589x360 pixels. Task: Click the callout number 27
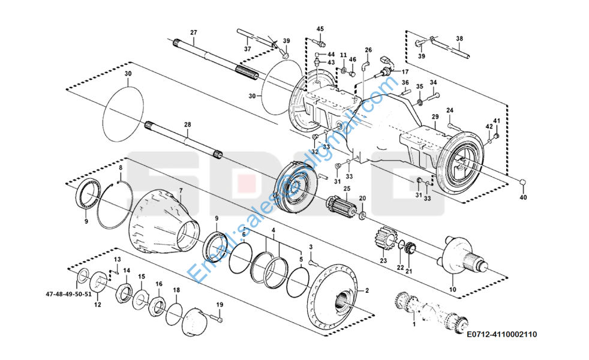coord(193,32)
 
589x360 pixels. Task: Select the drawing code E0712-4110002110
coord(501,334)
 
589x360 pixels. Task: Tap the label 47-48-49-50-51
coord(68,295)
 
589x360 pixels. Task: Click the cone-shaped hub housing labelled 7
coord(162,223)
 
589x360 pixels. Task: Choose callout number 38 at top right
coord(459,38)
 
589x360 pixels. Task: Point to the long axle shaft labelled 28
coord(185,140)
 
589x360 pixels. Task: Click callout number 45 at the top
coord(320,29)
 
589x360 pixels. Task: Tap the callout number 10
coord(452,290)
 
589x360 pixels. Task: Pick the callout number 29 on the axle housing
coord(435,116)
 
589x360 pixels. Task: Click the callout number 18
coord(176,290)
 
